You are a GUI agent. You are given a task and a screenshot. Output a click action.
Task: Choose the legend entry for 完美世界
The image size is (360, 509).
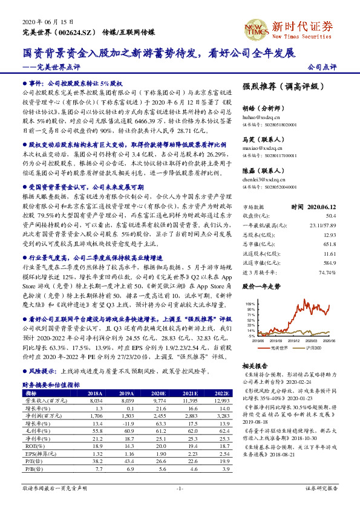pos(278,349)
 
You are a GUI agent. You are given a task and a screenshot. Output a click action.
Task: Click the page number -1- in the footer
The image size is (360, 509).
pos(180,488)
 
